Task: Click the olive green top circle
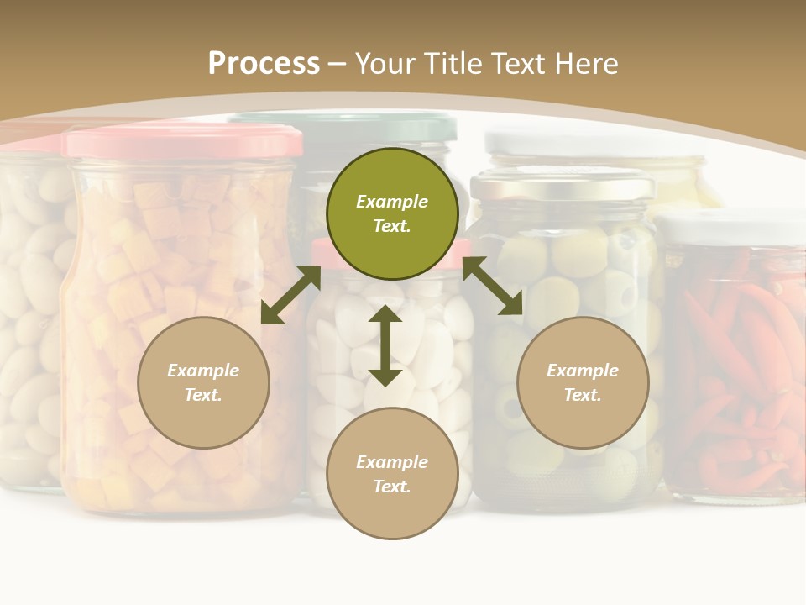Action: pyautogui.click(x=392, y=213)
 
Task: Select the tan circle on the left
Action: pyautogui.click(x=203, y=382)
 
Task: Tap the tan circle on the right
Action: pyautogui.click(x=583, y=382)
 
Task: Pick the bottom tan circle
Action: pyautogui.click(x=392, y=473)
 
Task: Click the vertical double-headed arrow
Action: pyautogui.click(x=385, y=345)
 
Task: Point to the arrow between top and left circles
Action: pyautogui.click(x=290, y=295)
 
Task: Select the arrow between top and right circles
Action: pyautogui.click(x=492, y=286)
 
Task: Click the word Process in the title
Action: pyautogui.click(x=264, y=64)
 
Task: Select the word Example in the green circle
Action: pyautogui.click(x=392, y=202)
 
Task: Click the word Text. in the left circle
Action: pyautogui.click(x=203, y=395)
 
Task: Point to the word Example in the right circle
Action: pyautogui.click(x=583, y=371)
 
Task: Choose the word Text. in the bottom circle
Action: pyautogui.click(x=392, y=487)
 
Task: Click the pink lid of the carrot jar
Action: pyautogui.click(x=182, y=141)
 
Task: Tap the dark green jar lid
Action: pyautogui.click(x=353, y=127)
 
